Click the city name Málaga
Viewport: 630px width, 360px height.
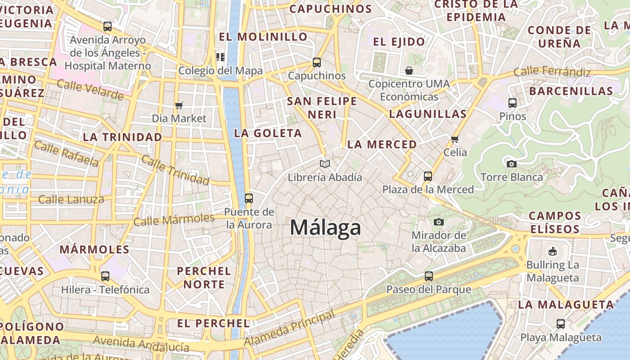click(325, 227)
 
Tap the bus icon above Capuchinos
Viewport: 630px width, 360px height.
click(317, 63)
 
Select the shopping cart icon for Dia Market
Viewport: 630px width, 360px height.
click(179, 105)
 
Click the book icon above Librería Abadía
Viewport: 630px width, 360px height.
click(325, 164)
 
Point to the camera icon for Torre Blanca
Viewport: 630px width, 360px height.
click(511, 164)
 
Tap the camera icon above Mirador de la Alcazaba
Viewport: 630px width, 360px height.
click(439, 222)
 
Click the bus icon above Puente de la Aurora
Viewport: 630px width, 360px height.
click(248, 198)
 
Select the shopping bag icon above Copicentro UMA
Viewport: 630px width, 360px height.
click(409, 71)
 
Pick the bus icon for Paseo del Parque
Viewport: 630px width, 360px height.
click(428, 276)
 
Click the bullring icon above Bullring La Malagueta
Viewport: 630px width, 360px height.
click(553, 251)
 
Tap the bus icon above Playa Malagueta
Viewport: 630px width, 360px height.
click(560, 324)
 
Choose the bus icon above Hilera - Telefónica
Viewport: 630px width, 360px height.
click(105, 276)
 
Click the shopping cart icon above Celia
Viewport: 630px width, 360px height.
click(454, 139)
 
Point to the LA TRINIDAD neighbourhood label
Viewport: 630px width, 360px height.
click(122, 137)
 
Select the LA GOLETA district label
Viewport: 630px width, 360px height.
click(268, 133)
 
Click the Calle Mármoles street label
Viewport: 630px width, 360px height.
click(174, 220)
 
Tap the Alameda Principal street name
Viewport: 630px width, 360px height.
click(289, 329)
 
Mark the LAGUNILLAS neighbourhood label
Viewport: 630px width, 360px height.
click(427, 114)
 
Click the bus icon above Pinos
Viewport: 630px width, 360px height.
click(512, 103)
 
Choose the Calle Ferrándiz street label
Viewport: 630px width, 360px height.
click(552, 71)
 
